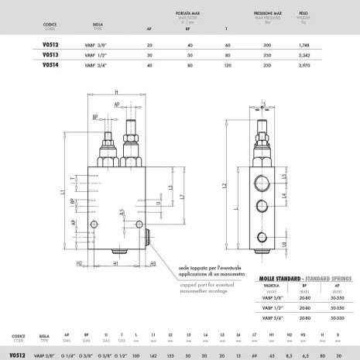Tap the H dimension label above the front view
click(x=114, y=90)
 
